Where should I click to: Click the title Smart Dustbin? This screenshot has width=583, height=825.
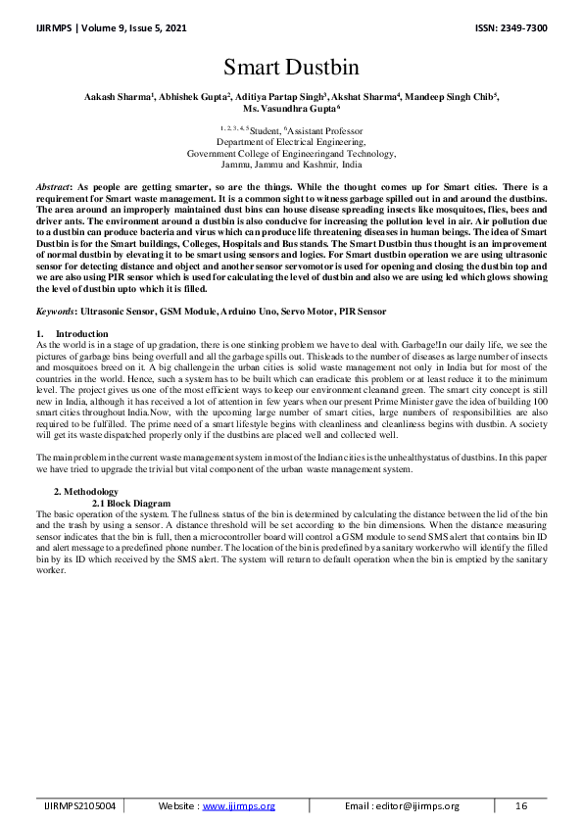point(291,68)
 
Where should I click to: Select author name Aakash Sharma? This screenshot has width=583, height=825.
point(114,99)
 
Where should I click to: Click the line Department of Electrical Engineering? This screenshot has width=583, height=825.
point(290,141)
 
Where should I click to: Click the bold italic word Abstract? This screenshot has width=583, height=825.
point(52,186)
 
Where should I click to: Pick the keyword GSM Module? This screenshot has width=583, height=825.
point(185,312)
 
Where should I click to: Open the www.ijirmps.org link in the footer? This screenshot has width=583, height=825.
point(238,806)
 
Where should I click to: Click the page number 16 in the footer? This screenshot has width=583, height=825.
point(522,806)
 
